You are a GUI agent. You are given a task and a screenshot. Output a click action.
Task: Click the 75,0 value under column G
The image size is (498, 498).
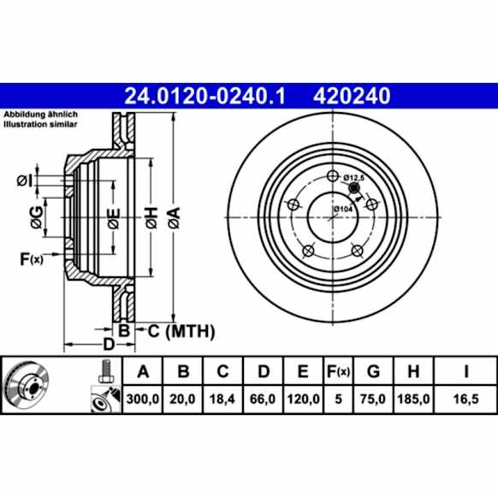(x=373, y=398)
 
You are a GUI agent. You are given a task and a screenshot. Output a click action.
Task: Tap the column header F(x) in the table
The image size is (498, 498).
(x=338, y=371)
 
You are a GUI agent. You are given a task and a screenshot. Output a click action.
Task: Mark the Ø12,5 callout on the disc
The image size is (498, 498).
(x=354, y=177)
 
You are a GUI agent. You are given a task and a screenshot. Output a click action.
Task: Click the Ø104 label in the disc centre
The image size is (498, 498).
(x=342, y=208)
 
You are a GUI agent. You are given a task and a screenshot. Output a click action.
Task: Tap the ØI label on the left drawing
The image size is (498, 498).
(x=26, y=180)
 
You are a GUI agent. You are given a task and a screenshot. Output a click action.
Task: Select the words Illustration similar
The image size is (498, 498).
(x=41, y=124)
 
